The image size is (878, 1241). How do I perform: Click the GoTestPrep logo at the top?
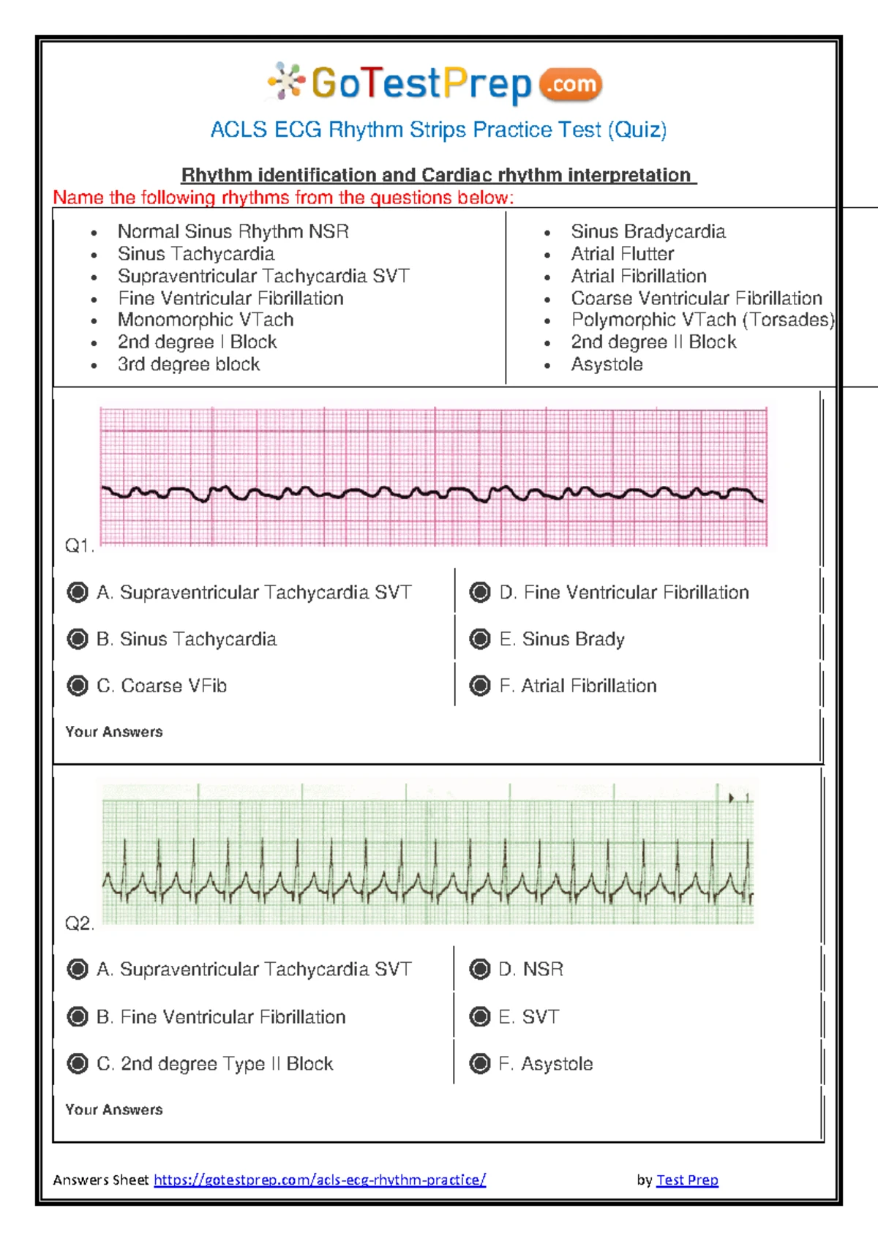tap(435, 83)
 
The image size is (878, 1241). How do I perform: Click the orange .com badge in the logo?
tap(571, 85)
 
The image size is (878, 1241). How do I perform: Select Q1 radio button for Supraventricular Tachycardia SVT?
tap(78, 592)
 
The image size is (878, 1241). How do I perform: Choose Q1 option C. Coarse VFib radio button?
tap(78, 686)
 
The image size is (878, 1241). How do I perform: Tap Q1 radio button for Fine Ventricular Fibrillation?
tap(480, 592)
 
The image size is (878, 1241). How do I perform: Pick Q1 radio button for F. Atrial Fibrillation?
tap(480, 686)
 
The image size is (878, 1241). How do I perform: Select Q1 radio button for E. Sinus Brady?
tap(480, 639)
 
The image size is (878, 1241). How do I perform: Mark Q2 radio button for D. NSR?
tap(480, 970)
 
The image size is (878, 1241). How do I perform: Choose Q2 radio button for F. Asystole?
tap(480, 1063)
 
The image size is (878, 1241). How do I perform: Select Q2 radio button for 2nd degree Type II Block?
tap(78, 1063)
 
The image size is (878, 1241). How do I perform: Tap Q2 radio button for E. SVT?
tap(480, 1016)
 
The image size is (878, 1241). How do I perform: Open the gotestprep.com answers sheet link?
tap(320, 1180)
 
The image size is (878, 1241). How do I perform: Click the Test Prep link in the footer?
tap(687, 1180)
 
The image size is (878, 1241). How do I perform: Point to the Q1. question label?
tap(79, 546)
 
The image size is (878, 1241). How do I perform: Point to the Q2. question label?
tap(79, 923)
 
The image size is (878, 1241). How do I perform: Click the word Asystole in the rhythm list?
tap(607, 364)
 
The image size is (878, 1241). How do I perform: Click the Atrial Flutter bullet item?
tap(622, 254)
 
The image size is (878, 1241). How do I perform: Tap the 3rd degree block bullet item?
tap(189, 364)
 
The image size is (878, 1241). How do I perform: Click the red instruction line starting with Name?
tap(283, 198)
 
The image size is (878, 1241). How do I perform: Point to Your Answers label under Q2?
tap(114, 1109)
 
